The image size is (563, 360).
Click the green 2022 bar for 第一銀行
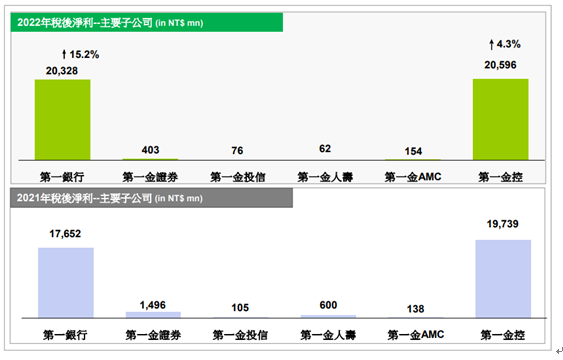pos(63,119)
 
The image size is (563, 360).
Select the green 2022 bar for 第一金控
pos(501,119)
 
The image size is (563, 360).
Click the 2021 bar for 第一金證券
pos(153,314)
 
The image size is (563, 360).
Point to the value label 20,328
pos(63,70)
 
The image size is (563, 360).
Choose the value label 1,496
pos(153,303)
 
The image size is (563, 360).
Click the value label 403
pos(151,150)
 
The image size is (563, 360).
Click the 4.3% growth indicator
pos(503,45)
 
